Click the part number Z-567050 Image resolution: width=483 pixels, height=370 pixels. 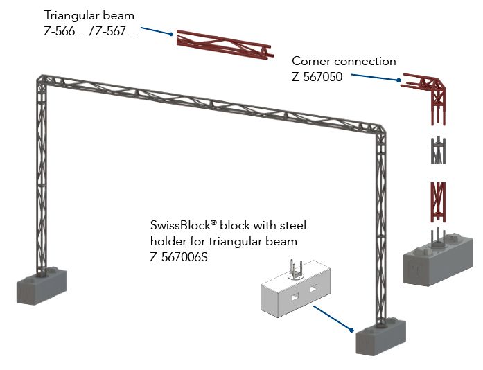(317, 77)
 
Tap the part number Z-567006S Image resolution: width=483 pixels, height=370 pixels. (179, 257)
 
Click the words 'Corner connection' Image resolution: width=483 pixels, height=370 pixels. (344, 61)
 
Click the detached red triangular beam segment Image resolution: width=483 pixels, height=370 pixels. (222, 46)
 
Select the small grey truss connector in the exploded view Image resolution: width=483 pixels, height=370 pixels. (437, 151)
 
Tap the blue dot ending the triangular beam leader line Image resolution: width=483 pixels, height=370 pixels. (171, 33)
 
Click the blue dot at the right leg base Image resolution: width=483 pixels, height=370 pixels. (353, 331)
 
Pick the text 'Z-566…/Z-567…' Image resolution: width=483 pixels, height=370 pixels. (91, 32)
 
